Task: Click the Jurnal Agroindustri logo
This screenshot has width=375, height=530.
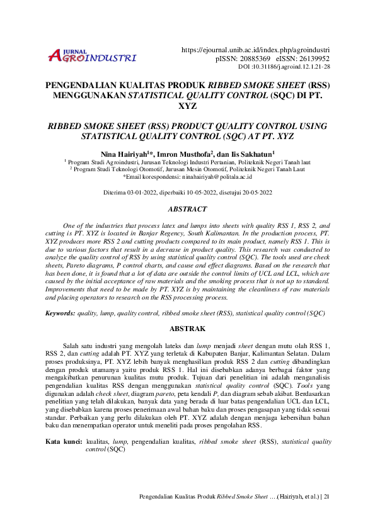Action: (x=92, y=57)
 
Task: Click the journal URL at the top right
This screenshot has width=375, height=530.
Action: (x=255, y=50)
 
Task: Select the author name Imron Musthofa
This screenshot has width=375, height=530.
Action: (x=187, y=153)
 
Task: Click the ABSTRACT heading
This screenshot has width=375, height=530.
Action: (x=187, y=209)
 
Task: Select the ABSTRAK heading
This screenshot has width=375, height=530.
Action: (x=187, y=329)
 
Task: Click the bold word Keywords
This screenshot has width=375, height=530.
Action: (x=60, y=313)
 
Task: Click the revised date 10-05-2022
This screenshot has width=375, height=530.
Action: (x=202, y=193)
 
